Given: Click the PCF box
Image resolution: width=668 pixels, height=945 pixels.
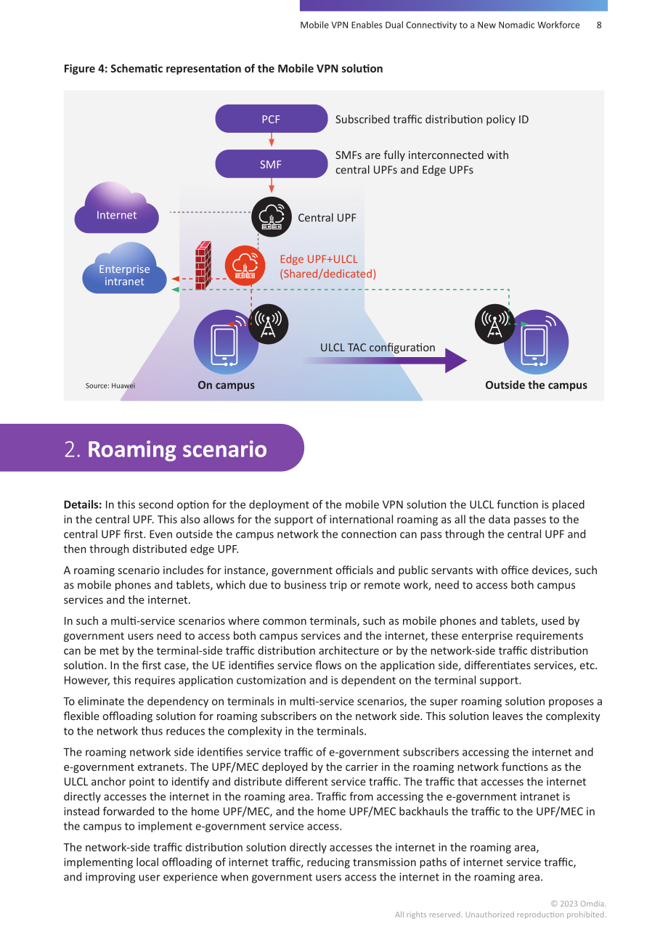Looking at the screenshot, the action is coord(272,118).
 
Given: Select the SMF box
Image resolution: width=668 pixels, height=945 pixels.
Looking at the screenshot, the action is coord(272,164).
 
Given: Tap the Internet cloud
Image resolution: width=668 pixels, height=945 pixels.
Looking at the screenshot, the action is coord(116,208).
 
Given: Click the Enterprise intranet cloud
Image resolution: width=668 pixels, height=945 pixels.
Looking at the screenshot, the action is coord(124,269).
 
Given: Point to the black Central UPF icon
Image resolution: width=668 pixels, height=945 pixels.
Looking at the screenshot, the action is coord(272,217).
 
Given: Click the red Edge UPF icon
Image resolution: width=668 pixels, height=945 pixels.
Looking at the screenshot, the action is coord(245,266).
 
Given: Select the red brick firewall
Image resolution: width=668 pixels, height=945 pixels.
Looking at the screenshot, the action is coord(203,266).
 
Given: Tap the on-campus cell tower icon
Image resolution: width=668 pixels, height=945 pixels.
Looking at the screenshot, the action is coord(269,324).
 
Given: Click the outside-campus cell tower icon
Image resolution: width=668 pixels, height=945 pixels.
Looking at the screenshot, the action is coord(494,324).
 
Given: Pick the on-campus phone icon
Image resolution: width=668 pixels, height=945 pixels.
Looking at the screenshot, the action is coord(225,343).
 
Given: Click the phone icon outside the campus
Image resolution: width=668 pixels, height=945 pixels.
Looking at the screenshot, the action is coord(537,342).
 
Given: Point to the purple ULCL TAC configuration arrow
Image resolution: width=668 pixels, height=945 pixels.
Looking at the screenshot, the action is coord(384,361).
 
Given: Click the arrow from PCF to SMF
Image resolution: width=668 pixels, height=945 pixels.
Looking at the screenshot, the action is coord(272,139).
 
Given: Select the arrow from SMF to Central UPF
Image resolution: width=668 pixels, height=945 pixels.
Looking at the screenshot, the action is coord(272,185).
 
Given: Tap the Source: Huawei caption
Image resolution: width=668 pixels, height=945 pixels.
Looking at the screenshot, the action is coord(110,385).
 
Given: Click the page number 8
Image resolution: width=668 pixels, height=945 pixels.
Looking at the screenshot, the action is coord(599,25).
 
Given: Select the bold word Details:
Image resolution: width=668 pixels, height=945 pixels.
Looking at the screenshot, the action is coord(83,504).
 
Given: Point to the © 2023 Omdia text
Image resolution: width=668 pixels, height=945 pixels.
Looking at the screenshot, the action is coord(578,904).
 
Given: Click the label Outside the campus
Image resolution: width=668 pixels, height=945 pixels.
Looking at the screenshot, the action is coord(536,385).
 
